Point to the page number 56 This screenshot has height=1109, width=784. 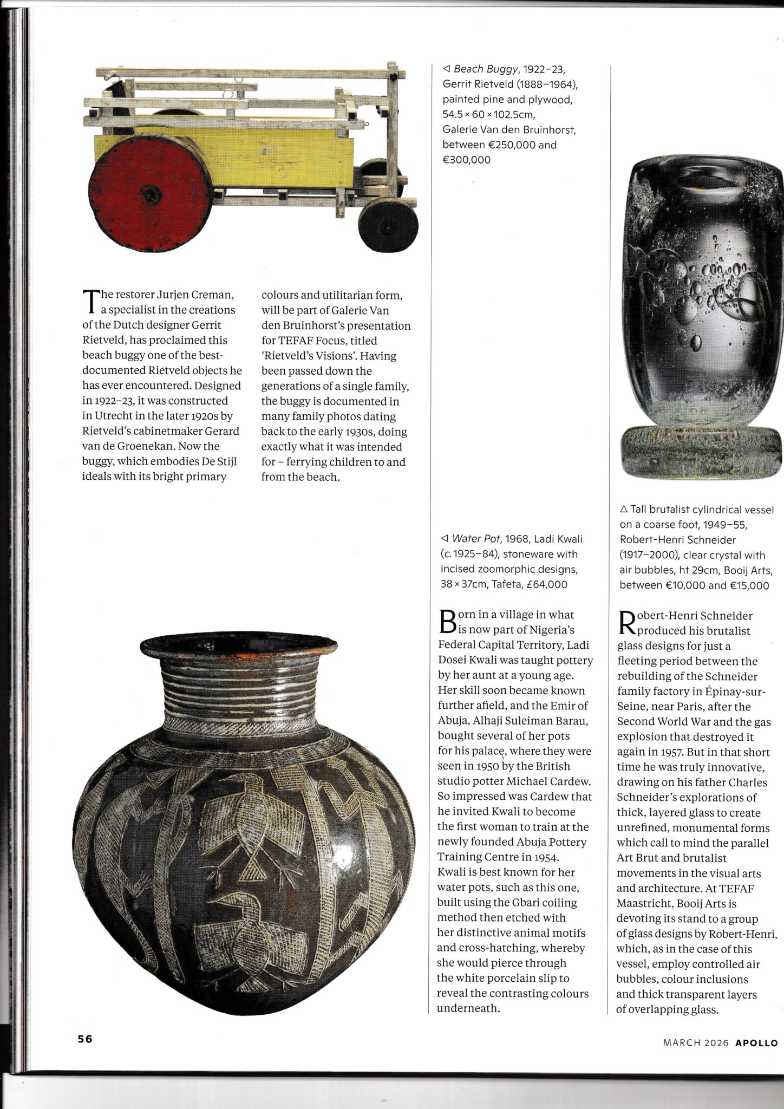85,1039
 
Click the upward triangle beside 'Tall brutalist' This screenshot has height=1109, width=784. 623,510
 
